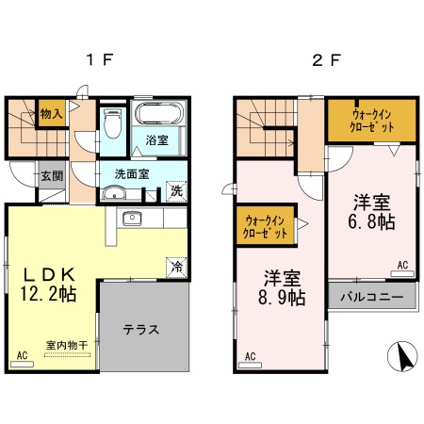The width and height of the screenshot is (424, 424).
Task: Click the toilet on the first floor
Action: pyautogui.click(x=112, y=123)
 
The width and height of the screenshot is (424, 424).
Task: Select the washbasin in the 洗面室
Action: pyautogui.click(x=114, y=193)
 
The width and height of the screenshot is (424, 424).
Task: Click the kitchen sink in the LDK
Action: pyautogui.click(x=132, y=218)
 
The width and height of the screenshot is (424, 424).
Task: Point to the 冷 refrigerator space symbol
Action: pyautogui.click(x=176, y=268)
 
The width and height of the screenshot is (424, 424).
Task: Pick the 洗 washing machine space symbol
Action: pyautogui.click(x=176, y=191)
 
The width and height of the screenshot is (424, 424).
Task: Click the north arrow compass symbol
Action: pyautogui.click(x=402, y=356)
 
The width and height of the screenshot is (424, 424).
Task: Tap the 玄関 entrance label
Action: pyautogui.click(x=52, y=176)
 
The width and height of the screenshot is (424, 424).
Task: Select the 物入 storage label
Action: pyautogui.click(x=51, y=114)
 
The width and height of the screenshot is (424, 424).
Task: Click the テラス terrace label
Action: pyautogui.click(x=141, y=330)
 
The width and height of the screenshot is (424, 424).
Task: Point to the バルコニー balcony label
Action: pyautogui.click(x=372, y=297)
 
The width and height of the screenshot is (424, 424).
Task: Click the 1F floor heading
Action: pyautogui.click(x=99, y=59)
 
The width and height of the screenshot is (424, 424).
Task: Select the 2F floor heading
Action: pyautogui.click(x=326, y=59)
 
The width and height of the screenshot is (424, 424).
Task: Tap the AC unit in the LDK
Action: pyautogui.click(x=22, y=364)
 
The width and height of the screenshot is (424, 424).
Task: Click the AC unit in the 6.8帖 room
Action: pyautogui.click(x=402, y=273)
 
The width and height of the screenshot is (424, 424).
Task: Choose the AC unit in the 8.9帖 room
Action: pyautogui.click(x=250, y=365)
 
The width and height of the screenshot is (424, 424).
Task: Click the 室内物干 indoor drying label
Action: pyautogui.click(x=67, y=345)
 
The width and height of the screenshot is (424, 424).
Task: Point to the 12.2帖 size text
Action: pyautogui.click(x=48, y=294)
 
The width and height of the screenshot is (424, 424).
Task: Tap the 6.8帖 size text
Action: pyautogui.click(x=371, y=221)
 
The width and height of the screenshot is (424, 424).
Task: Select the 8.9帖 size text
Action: pyautogui.click(x=282, y=297)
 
